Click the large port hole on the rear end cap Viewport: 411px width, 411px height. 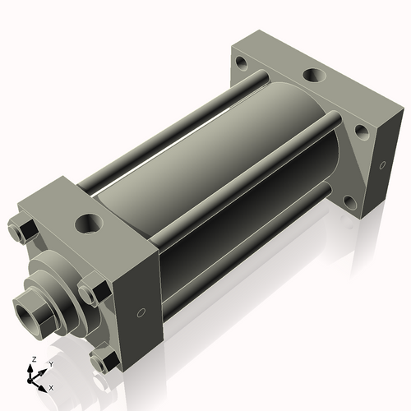pos(314,76)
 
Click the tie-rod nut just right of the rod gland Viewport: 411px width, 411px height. pos(92,293)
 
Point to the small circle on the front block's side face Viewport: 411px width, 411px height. pos(141,313)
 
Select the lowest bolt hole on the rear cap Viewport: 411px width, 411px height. pos(349,201)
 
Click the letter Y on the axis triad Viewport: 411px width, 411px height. pos(50,363)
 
